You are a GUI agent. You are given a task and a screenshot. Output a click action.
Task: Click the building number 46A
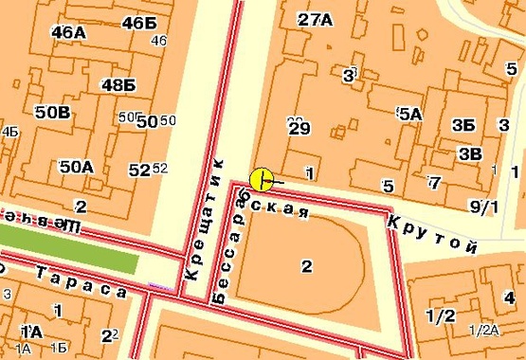click(69, 31)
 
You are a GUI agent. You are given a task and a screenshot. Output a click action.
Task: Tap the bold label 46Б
click(138, 23)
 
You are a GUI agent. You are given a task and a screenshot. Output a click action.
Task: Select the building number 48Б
click(118, 84)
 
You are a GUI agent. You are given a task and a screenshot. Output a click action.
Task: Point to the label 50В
click(53, 112)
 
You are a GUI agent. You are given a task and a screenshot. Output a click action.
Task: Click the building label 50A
click(76, 166)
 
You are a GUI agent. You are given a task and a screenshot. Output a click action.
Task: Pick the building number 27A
click(315, 19)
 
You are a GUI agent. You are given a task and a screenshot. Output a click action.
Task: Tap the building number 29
click(299, 128)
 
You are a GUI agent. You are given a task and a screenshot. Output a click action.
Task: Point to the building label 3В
click(469, 153)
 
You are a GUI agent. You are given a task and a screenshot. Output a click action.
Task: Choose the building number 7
click(434, 182)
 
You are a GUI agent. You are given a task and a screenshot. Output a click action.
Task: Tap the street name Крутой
click(430, 232)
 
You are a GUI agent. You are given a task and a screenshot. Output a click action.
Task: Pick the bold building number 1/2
click(441, 315)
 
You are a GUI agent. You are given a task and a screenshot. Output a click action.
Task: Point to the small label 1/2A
click(482, 329)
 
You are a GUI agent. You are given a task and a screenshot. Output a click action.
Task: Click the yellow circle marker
click(263, 178)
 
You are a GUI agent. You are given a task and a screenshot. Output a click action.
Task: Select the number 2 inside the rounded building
click(306, 266)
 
